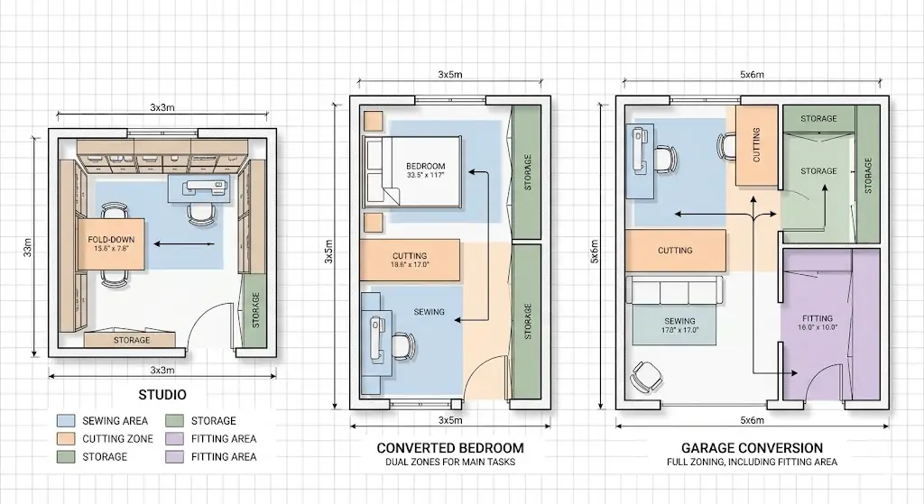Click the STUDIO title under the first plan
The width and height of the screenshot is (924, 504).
coord(162,395)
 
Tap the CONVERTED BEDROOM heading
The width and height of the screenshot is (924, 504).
coord(450,448)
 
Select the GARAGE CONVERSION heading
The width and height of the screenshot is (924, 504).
coord(752,448)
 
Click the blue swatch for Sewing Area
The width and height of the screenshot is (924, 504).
coord(66,421)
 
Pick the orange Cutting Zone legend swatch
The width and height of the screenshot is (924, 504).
coord(66,439)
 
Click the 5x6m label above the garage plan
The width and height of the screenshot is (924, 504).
coord(752,75)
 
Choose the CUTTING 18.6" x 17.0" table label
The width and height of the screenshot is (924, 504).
coord(410,261)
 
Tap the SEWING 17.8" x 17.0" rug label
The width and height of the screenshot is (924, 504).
coord(679,325)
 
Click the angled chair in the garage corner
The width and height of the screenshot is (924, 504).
coord(646,376)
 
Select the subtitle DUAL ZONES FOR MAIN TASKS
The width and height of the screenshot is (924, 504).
coord(450,463)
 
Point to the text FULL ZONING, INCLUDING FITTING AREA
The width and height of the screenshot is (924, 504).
coord(752,463)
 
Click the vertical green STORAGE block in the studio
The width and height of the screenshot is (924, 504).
coord(255,311)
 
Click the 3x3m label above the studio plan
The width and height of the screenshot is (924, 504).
coord(162,108)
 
